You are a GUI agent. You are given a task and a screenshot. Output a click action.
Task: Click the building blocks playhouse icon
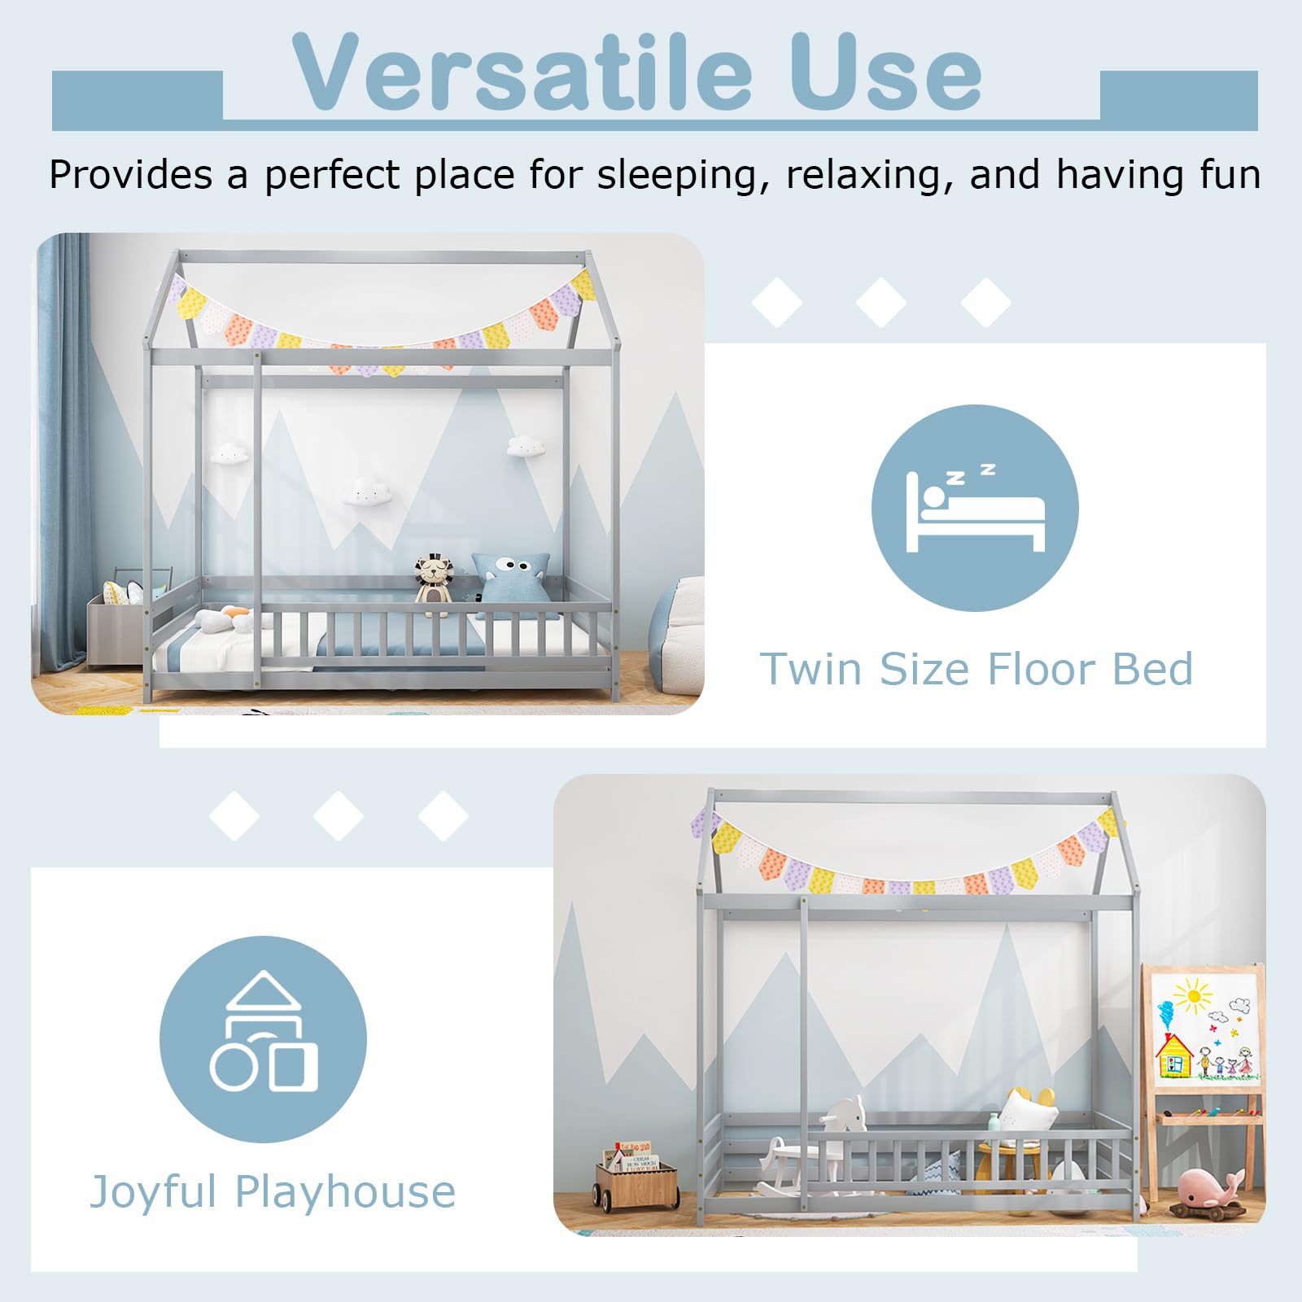(x=264, y=1031)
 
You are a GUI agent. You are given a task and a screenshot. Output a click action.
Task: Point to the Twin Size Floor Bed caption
(x=976, y=669)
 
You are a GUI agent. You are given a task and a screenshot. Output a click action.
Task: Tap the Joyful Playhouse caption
(x=273, y=1192)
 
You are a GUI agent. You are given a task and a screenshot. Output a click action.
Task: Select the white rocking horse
(x=806, y=1143)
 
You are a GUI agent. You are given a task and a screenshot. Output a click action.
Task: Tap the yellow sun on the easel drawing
(x=1193, y=995)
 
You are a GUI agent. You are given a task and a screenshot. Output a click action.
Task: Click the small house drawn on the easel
(x=1175, y=1055)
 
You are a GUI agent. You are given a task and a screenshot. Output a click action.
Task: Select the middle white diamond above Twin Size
(x=881, y=303)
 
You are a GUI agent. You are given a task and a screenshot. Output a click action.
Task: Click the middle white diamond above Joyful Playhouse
(x=339, y=815)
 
